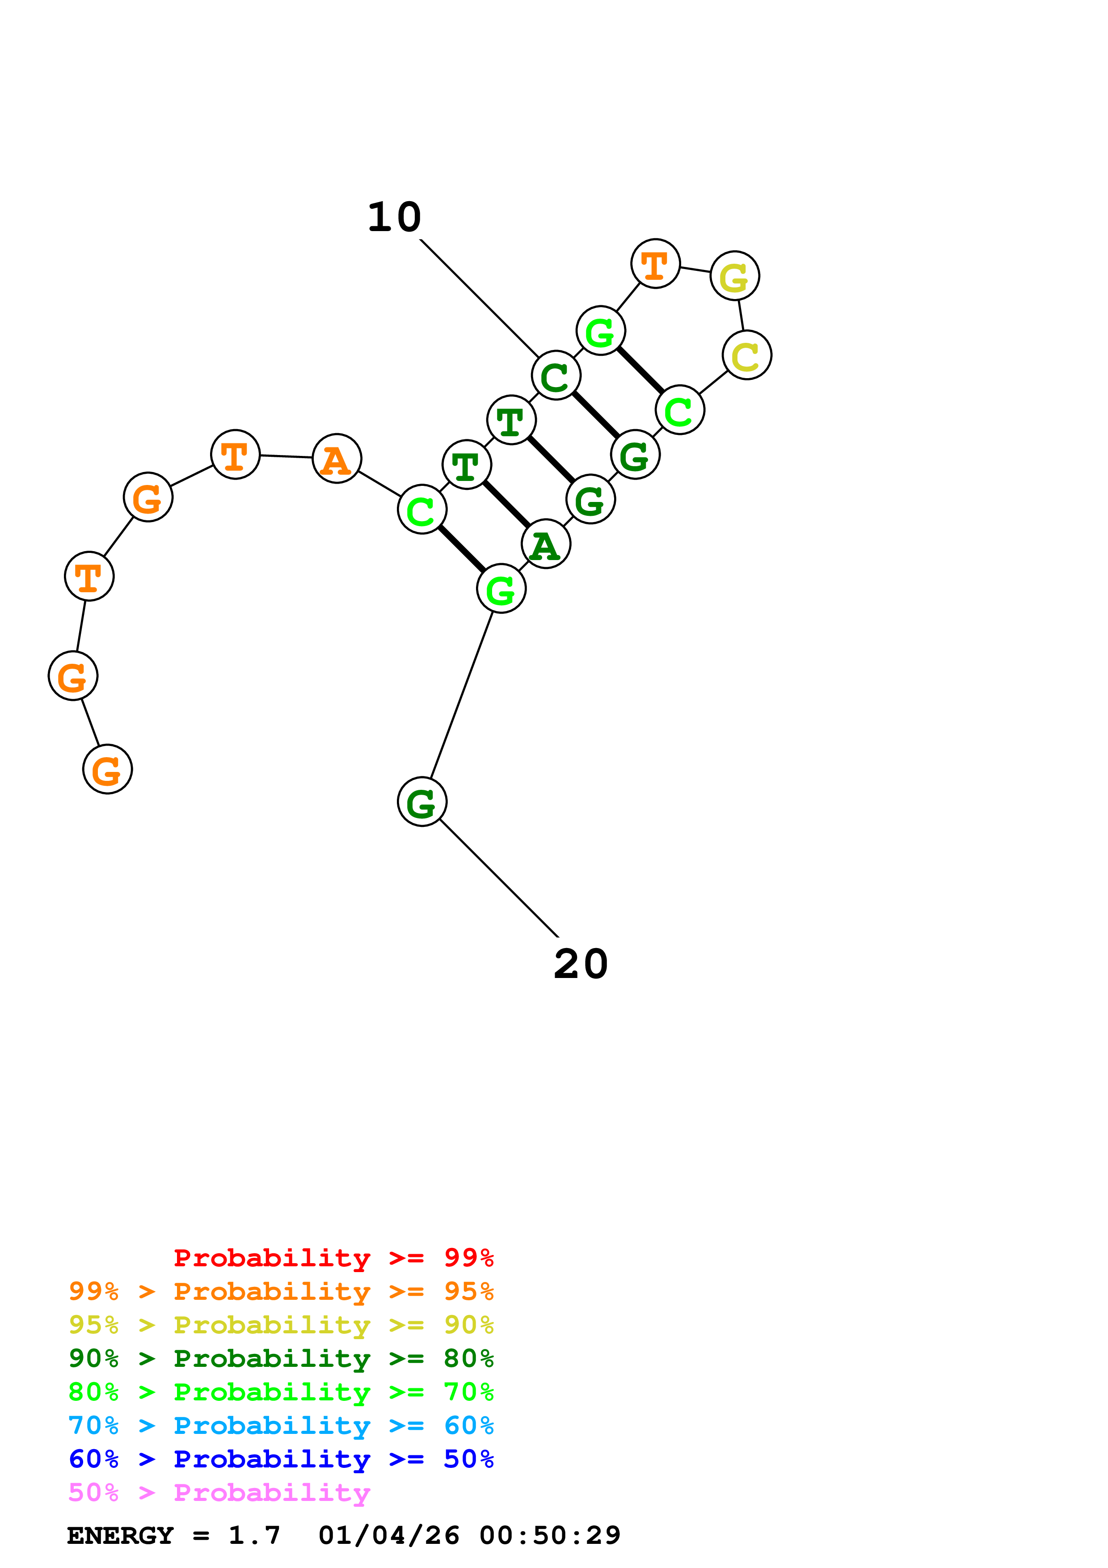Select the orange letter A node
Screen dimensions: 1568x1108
click(337, 458)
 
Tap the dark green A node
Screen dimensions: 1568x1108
click(545, 544)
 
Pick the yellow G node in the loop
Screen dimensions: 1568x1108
click(735, 276)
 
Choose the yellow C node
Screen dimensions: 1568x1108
click(747, 355)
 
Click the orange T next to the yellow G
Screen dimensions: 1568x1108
click(655, 264)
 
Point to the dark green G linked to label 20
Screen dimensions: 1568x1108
click(422, 802)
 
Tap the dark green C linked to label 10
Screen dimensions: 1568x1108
click(556, 375)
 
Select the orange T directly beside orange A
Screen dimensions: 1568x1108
click(236, 455)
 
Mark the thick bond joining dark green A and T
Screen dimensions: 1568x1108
click(506, 505)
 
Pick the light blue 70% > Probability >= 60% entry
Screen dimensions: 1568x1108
click(281, 1426)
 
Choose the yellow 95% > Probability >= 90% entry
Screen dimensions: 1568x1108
click(281, 1325)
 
